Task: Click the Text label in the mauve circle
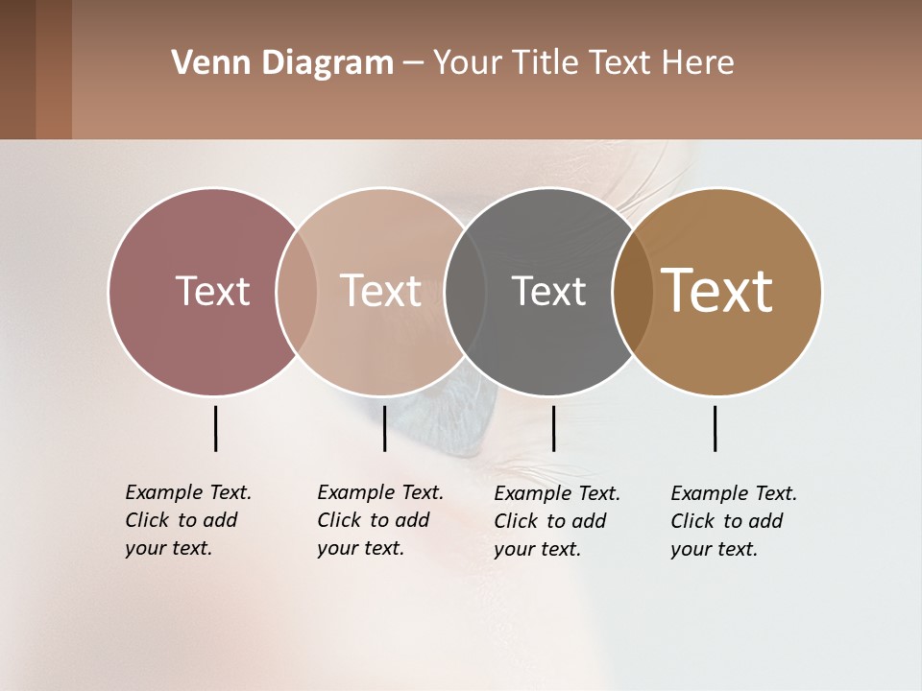[x=212, y=291]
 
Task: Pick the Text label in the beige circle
[x=380, y=291]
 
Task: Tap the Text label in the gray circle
[x=548, y=291]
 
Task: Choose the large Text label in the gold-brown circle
[x=717, y=291]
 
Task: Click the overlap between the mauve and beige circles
[x=297, y=291]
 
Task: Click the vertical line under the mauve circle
[x=215, y=428]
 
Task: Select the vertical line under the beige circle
[x=384, y=428]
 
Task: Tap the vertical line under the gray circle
[x=553, y=428]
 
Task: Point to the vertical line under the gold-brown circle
[x=715, y=428]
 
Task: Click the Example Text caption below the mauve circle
[x=187, y=520]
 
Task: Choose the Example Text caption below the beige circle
[x=379, y=520]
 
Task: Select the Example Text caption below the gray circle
[x=556, y=521]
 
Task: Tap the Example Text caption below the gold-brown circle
[x=733, y=521]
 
